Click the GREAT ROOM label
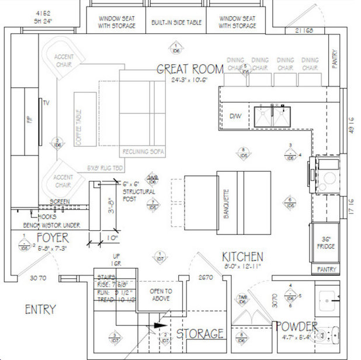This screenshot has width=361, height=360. (190, 70)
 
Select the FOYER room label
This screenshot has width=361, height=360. (53, 238)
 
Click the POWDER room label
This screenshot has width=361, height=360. (296, 326)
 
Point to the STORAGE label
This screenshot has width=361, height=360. (200, 334)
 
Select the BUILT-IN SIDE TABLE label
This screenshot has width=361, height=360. (176, 22)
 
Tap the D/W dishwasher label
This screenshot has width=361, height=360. (236, 115)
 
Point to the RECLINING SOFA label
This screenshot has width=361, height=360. (143, 152)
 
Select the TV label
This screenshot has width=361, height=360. (46, 103)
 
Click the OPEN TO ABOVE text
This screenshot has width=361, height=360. (161, 295)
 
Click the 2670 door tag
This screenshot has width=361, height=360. (205, 277)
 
